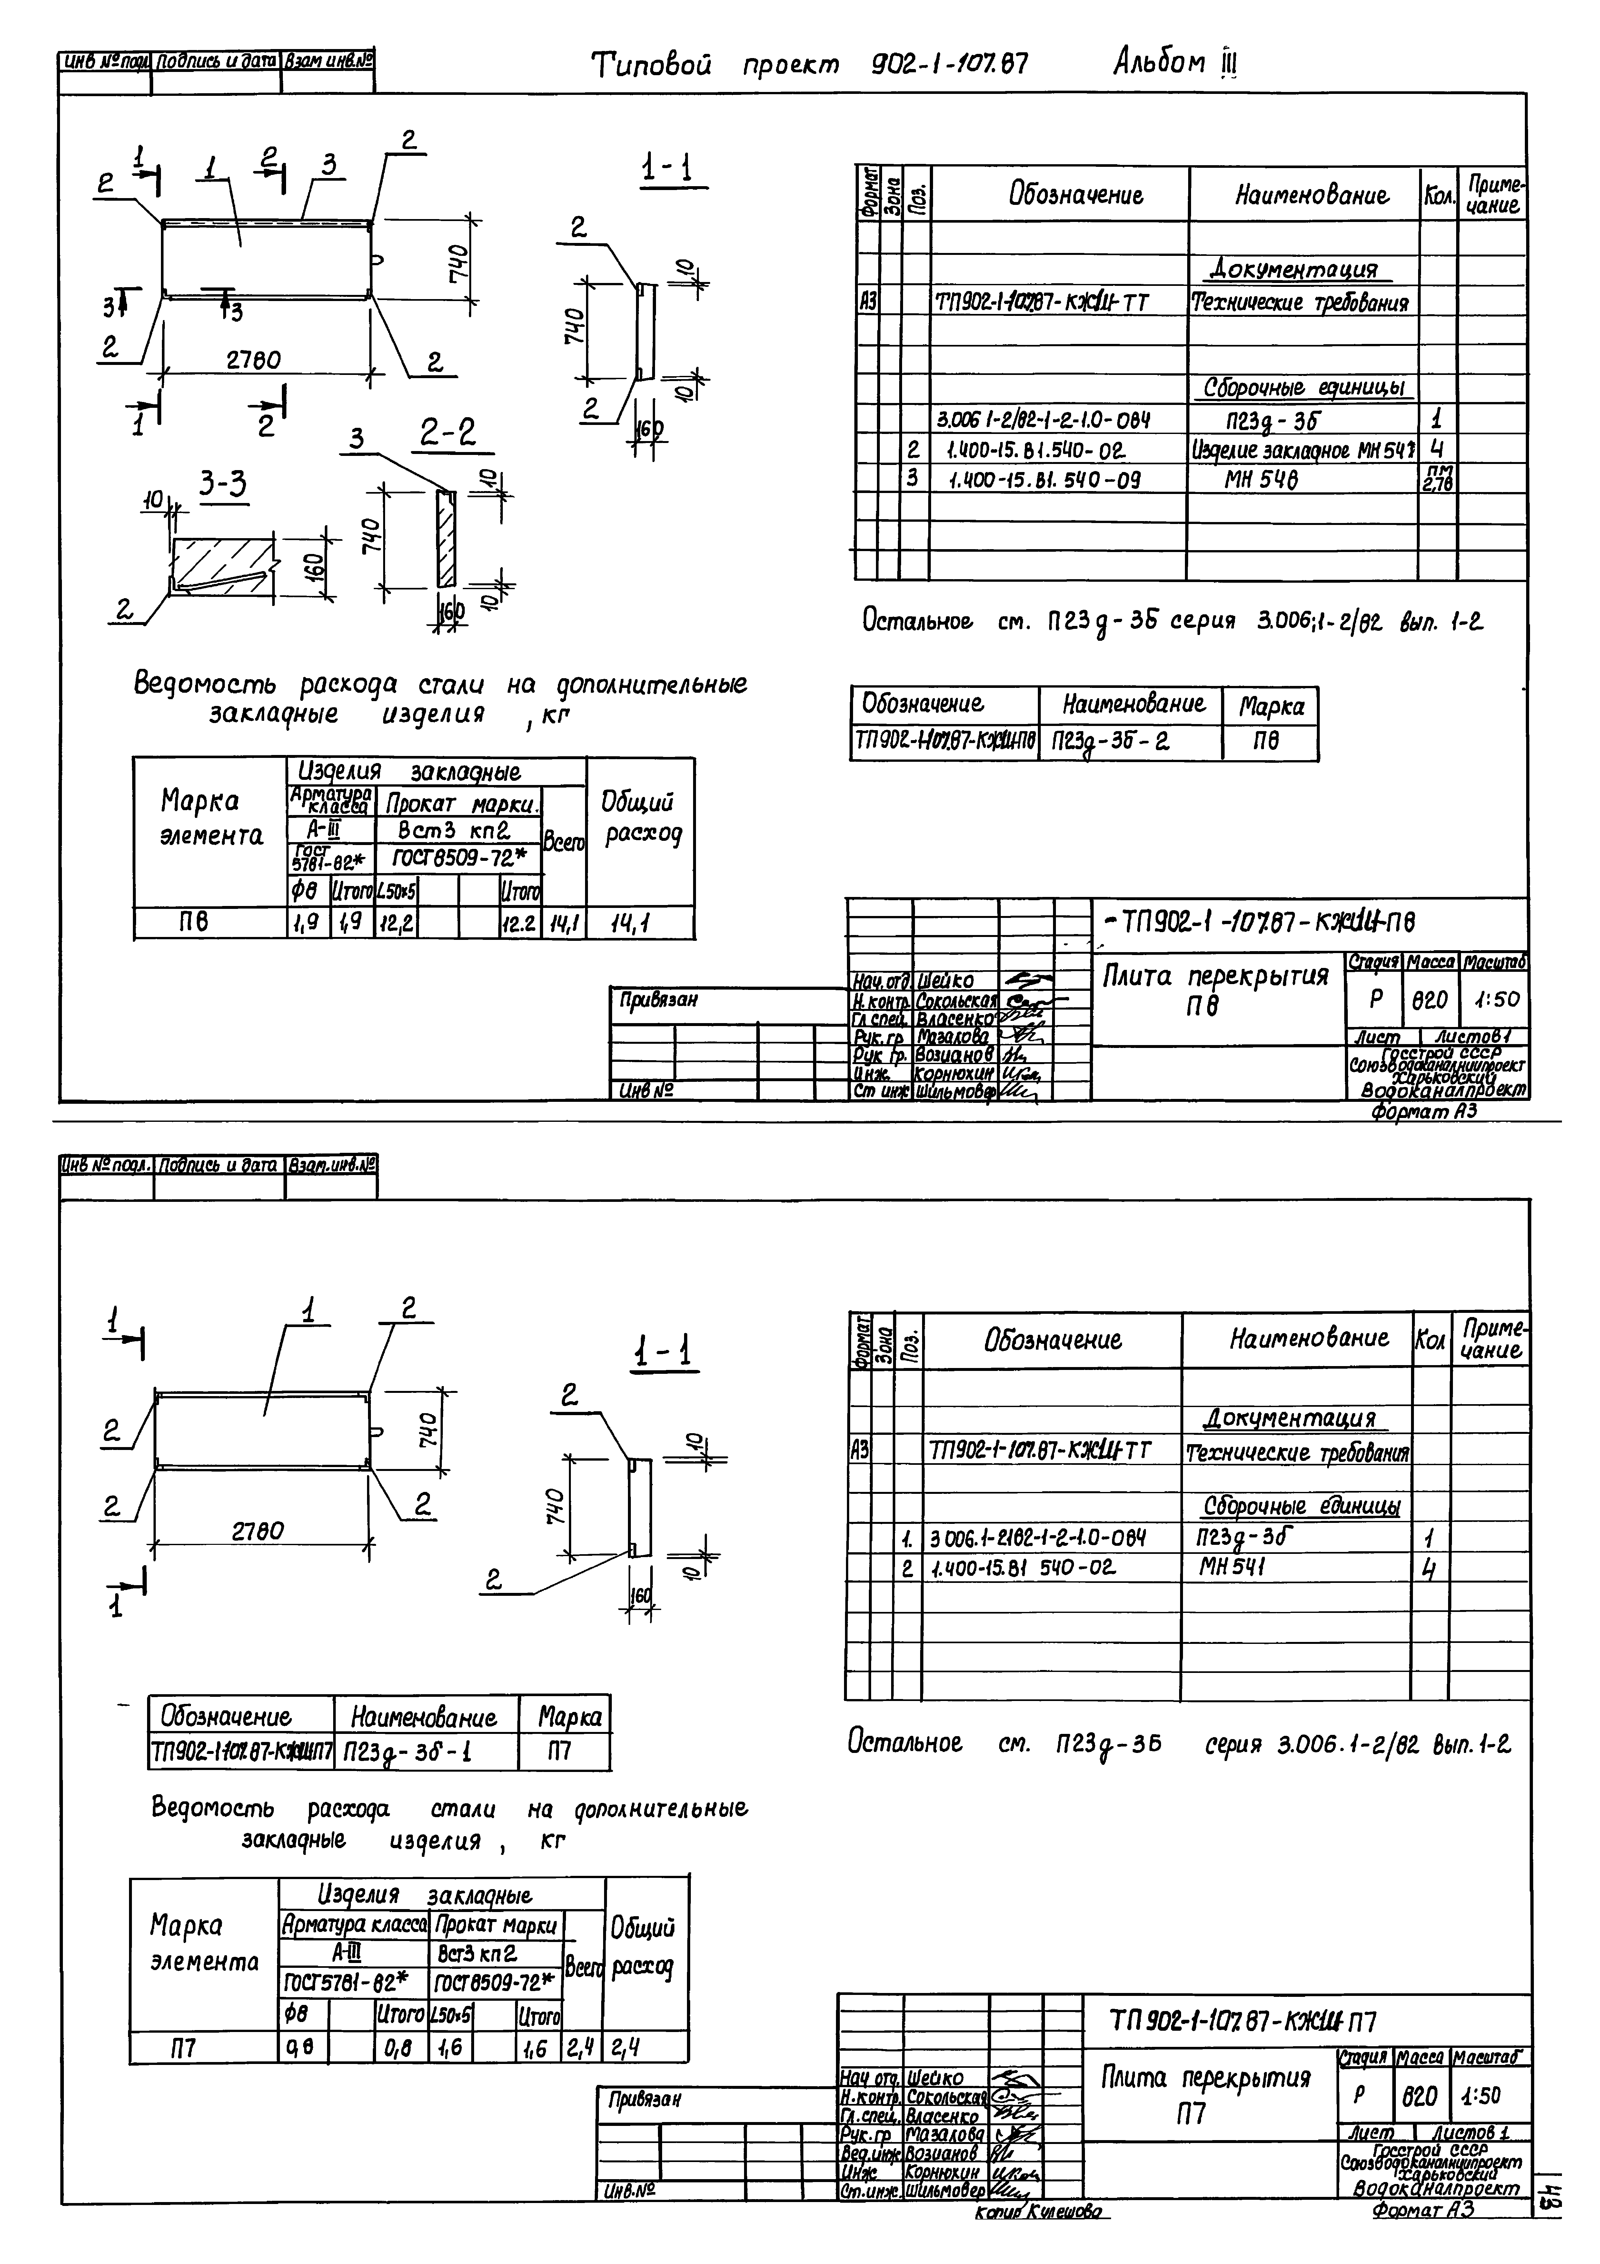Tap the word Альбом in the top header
[x=1158, y=64]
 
